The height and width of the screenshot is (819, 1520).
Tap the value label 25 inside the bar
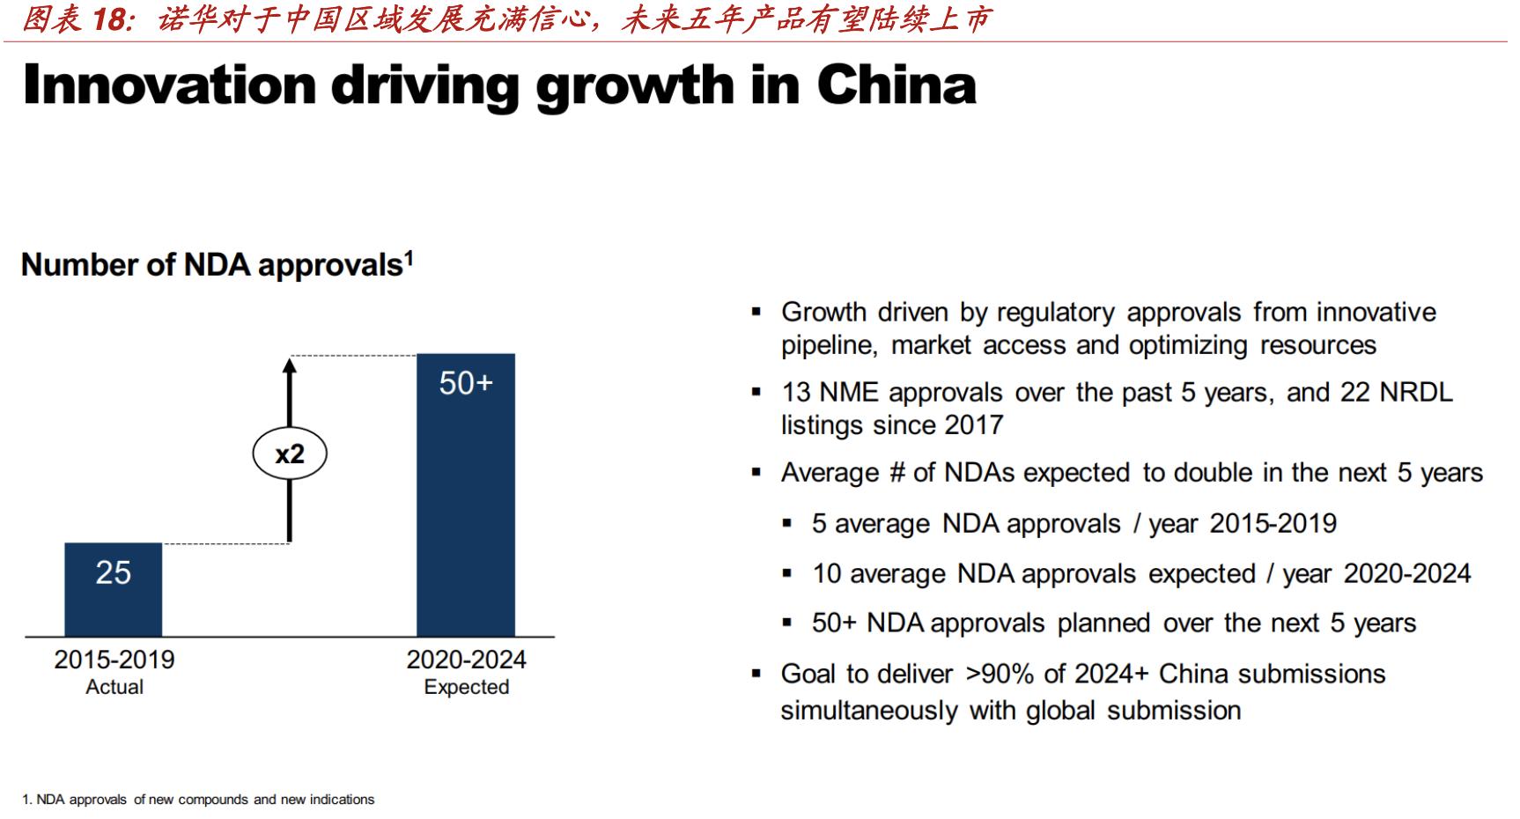coord(114,573)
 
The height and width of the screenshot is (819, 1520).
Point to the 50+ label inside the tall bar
coord(466,383)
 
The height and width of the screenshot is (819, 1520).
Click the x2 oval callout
coord(290,454)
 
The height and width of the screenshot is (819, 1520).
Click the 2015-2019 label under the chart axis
coord(114,660)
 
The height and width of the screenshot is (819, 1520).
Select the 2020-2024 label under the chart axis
coord(466,660)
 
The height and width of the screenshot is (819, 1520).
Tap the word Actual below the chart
coord(114,688)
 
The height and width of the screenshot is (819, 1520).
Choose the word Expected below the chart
coord(466,688)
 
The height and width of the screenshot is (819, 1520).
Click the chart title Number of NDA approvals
coord(217,265)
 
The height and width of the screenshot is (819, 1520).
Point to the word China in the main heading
coord(896,85)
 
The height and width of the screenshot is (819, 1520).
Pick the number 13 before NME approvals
coord(796,393)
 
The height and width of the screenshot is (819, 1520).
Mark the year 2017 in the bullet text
coord(973,425)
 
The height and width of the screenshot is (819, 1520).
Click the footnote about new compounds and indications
coord(198,800)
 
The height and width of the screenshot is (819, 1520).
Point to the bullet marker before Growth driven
coord(756,312)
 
